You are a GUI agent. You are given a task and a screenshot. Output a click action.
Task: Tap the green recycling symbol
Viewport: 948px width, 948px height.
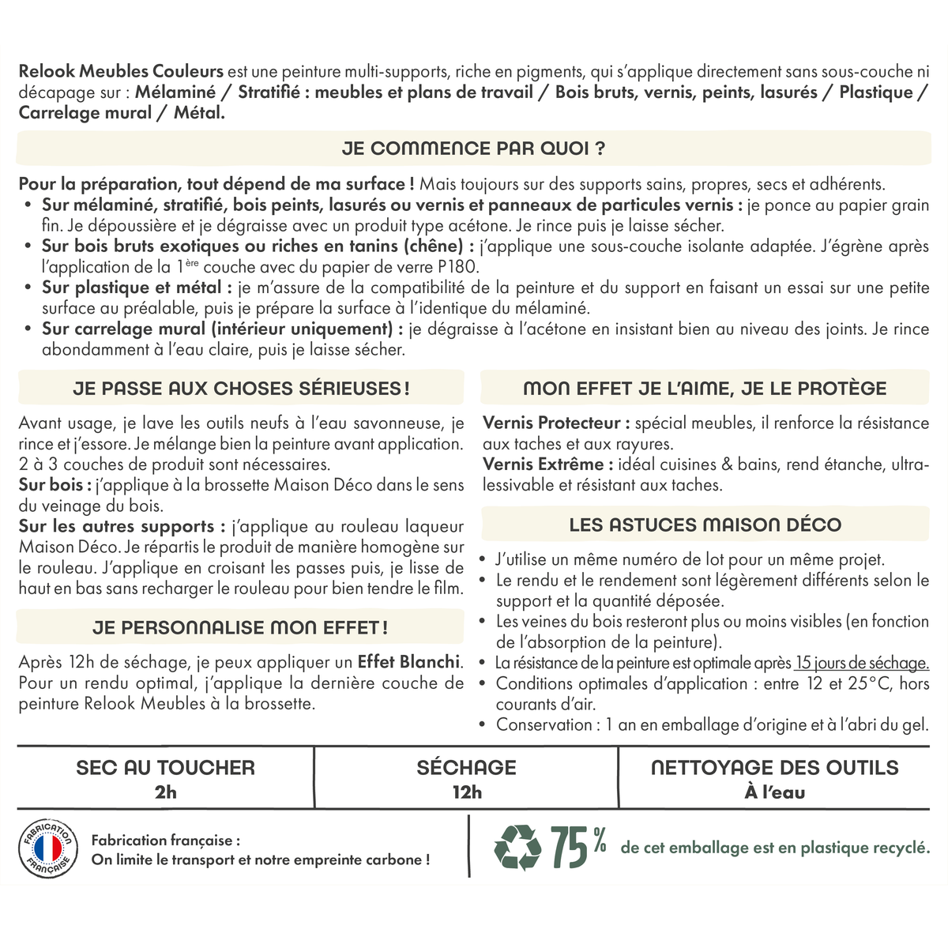517,847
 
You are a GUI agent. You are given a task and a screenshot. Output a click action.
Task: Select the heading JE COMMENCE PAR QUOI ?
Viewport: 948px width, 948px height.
474,149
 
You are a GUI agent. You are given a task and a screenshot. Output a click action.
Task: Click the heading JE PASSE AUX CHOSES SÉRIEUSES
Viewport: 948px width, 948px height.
241,389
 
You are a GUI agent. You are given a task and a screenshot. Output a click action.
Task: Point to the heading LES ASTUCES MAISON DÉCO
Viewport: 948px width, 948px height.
705,525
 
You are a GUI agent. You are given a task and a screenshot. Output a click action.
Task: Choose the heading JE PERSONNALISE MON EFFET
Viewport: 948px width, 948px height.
240,628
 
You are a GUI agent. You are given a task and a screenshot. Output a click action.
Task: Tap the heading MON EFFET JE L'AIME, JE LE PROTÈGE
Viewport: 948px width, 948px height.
705,389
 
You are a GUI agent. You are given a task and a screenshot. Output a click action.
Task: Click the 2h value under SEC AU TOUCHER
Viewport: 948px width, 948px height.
166,792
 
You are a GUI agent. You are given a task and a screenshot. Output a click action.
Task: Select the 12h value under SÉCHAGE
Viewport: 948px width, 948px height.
467,792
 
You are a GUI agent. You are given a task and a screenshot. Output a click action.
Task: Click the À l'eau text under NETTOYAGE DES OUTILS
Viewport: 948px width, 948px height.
774,792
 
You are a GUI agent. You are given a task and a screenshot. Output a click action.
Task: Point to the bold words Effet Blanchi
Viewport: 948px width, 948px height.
408,662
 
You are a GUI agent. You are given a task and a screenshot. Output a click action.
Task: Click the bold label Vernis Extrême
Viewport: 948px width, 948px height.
544,465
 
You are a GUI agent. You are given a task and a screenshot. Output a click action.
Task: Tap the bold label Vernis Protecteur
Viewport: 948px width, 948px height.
556,423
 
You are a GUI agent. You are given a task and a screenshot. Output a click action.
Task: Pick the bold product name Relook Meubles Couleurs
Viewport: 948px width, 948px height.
121,72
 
